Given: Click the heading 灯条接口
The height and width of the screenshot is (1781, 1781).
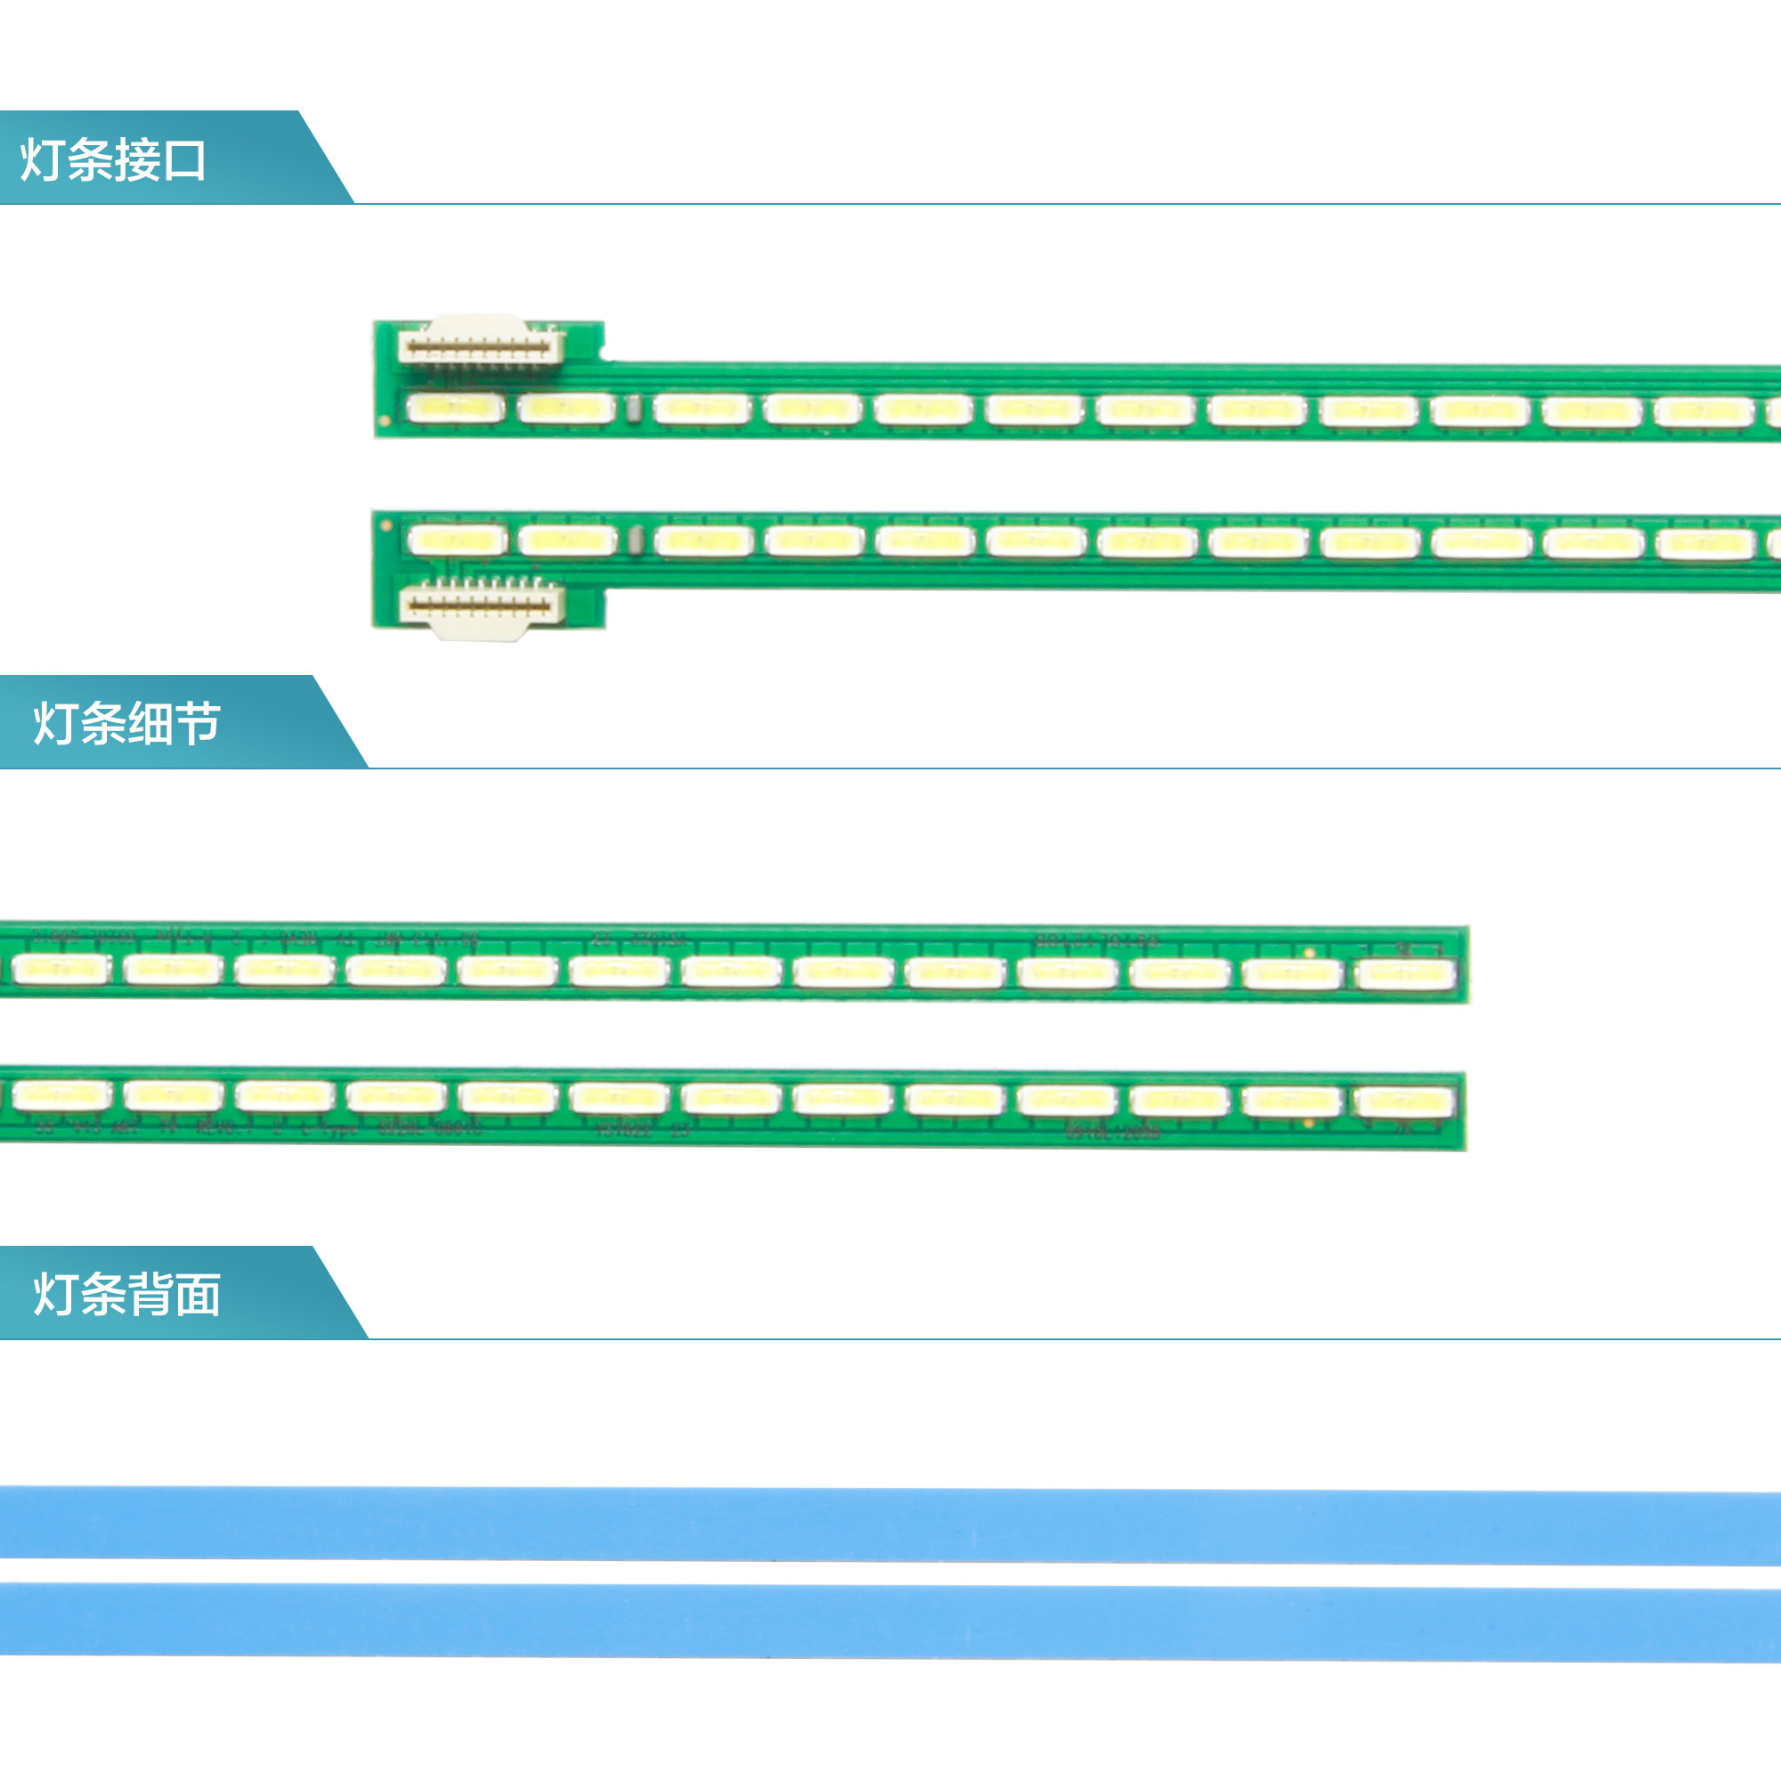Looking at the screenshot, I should coord(112,160).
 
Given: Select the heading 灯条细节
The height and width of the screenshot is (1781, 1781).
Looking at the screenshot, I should coord(127,724).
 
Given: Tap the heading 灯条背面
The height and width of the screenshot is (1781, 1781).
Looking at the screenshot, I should coord(127,1294).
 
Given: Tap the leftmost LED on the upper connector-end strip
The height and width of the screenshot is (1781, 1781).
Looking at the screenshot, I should coord(455,408).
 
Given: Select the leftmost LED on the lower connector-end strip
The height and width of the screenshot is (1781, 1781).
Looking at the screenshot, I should coord(456,540).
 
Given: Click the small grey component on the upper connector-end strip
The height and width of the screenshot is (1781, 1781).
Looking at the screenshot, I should coord(634,409).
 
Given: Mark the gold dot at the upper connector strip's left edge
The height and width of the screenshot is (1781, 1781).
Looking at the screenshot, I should coord(386,421).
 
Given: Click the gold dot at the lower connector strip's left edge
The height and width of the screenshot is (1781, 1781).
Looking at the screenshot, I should coord(386,526).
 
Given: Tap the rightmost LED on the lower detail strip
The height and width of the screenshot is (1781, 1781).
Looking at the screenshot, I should coord(1403,1101).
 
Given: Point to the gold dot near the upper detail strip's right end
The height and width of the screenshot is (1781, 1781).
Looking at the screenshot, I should coord(1309,952).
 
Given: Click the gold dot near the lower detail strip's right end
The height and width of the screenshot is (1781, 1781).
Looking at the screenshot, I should coord(1309,1124).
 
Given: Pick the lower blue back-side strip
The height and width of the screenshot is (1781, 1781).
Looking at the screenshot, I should coord(890,1622).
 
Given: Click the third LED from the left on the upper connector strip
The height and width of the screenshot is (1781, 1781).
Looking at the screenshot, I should coord(702,409).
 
